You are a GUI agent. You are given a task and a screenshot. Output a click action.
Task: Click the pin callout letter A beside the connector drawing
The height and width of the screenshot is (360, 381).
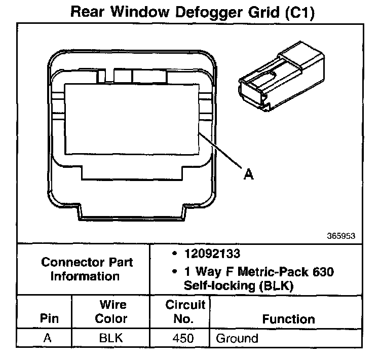248,174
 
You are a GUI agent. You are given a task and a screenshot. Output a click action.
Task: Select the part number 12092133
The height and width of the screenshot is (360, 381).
213,253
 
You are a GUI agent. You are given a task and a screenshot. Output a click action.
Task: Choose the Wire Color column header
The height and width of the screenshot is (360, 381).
112,312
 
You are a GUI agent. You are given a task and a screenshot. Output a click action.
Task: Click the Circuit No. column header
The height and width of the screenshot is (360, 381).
185,312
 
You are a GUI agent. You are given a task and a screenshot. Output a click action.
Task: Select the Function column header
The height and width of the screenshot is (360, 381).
288,319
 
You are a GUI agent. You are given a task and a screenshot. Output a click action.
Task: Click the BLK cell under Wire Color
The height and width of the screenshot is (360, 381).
112,338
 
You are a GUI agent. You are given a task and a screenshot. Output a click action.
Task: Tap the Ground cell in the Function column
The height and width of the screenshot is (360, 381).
237,338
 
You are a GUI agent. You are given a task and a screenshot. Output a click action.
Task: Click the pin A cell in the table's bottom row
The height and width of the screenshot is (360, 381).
48,338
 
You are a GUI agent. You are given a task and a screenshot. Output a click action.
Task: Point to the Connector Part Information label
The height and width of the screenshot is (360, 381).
87,269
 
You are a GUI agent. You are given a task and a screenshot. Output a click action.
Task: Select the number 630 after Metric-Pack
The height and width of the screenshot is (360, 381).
323,272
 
